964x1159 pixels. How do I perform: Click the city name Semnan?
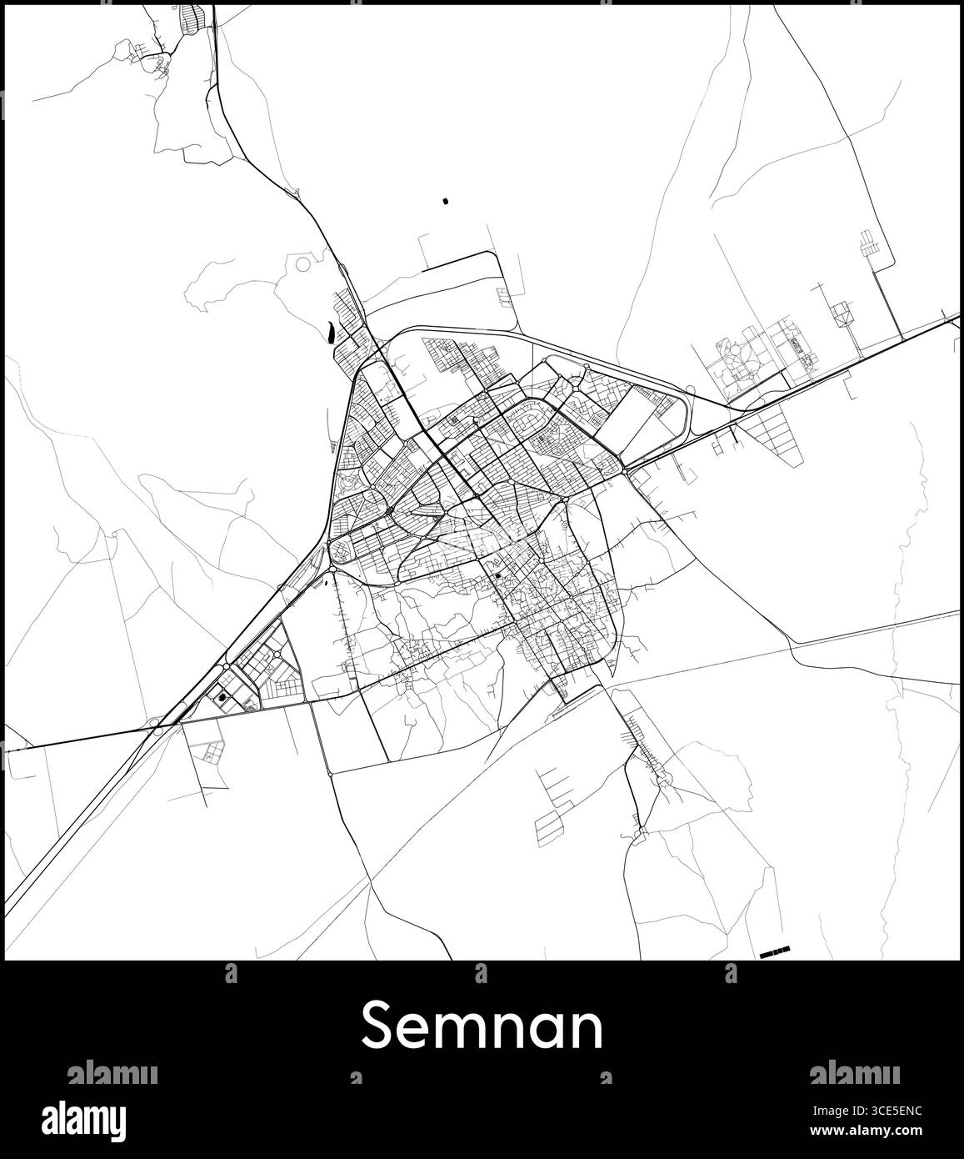pyautogui.click(x=482, y=1028)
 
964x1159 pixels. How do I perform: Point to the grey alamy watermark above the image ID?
pyautogui.click(x=855, y=1072)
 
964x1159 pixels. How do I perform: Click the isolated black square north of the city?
pyautogui.click(x=444, y=201)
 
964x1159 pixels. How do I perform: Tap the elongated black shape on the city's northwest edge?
pyautogui.click(x=332, y=332)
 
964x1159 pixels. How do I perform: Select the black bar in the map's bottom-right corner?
pyautogui.click(x=775, y=950)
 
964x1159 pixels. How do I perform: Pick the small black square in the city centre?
pyautogui.click(x=497, y=574)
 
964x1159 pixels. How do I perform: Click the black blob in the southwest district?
pyautogui.click(x=222, y=697)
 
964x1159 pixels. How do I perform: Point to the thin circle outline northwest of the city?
pyautogui.click(x=303, y=264)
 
